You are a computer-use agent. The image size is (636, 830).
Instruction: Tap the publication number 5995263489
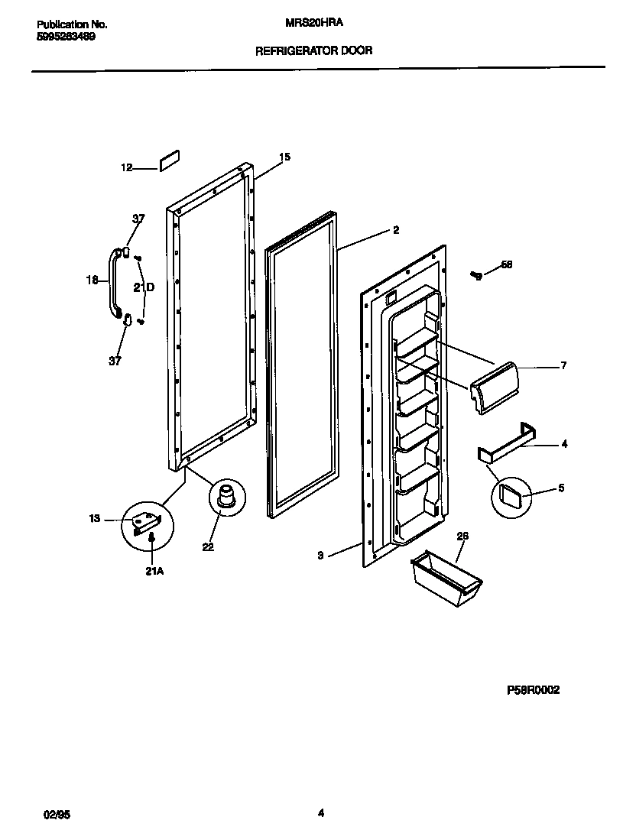pos(65,37)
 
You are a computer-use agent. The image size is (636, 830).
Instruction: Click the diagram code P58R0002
pos(534,689)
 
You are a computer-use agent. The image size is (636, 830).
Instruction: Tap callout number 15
pos(284,157)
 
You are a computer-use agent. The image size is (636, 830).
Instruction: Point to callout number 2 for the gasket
pos(395,229)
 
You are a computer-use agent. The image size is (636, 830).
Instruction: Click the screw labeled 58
pos(476,274)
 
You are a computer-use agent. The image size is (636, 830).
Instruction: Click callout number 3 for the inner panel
pos(321,556)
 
